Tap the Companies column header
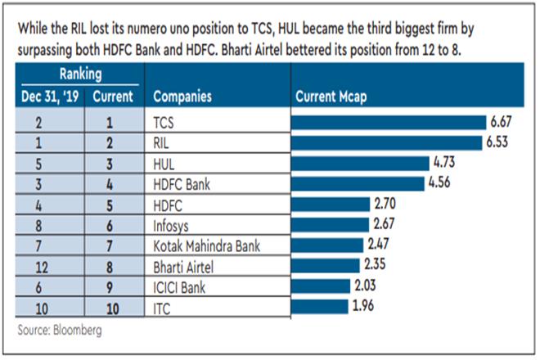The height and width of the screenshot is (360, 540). click(182, 97)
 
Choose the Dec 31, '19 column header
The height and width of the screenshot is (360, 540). click(51, 97)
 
